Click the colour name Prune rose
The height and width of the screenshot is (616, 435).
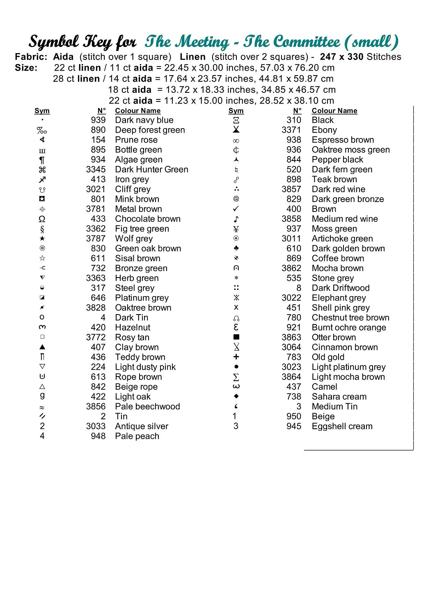click(x=136, y=140)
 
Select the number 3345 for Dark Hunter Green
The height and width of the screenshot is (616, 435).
click(x=96, y=170)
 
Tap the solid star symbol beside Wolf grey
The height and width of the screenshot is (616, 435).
click(x=42, y=239)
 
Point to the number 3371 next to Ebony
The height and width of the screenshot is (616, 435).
click(x=291, y=130)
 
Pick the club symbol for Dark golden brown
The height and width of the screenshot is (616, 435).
click(x=236, y=248)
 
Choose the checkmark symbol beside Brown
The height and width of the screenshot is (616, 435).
click(x=236, y=209)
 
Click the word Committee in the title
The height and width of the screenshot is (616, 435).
click(x=307, y=42)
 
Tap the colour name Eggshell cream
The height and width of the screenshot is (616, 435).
click(x=342, y=426)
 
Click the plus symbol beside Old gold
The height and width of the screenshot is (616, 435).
click(x=236, y=357)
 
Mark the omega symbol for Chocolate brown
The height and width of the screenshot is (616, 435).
click(x=42, y=219)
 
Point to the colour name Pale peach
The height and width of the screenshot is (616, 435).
click(x=137, y=436)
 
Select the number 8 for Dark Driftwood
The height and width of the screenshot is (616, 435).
click(x=298, y=288)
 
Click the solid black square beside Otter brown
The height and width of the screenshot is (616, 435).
click(x=236, y=337)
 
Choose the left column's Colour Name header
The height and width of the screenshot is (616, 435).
click(x=138, y=111)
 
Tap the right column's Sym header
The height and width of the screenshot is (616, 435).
click(x=236, y=111)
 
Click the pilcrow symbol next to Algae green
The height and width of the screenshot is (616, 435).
click(x=42, y=160)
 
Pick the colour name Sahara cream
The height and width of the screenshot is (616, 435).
click(x=339, y=397)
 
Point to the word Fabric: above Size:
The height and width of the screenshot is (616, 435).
click(x=31, y=57)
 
